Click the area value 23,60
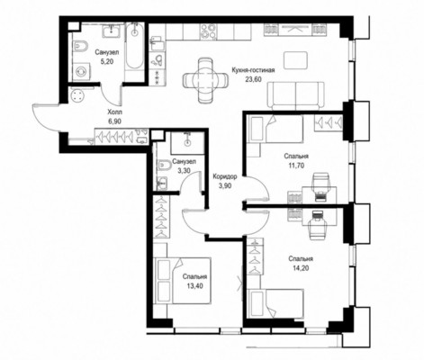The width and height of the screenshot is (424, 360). point(254,79)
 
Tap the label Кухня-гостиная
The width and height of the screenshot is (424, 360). point(254,70)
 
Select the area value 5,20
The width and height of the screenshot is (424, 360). point(107,61)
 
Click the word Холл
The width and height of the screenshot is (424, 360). point(115,112)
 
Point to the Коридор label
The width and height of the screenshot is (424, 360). point(225,176)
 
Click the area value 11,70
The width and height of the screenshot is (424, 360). point(296,166)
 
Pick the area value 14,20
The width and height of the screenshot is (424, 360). point(301,268)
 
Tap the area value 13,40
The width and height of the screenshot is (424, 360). point(194,286)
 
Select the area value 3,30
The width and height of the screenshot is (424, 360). point(184,171)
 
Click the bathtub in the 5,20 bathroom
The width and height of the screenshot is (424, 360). point(134,47)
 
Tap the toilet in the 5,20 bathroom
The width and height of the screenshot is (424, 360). point(80,47)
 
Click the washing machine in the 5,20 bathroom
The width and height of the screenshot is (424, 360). point(81,71)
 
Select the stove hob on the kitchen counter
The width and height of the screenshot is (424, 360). point(209,31)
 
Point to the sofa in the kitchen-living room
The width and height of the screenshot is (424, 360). point(296,95)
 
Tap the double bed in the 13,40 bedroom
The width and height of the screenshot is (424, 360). point(183,281)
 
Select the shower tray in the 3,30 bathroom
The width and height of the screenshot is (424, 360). point(187,143)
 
